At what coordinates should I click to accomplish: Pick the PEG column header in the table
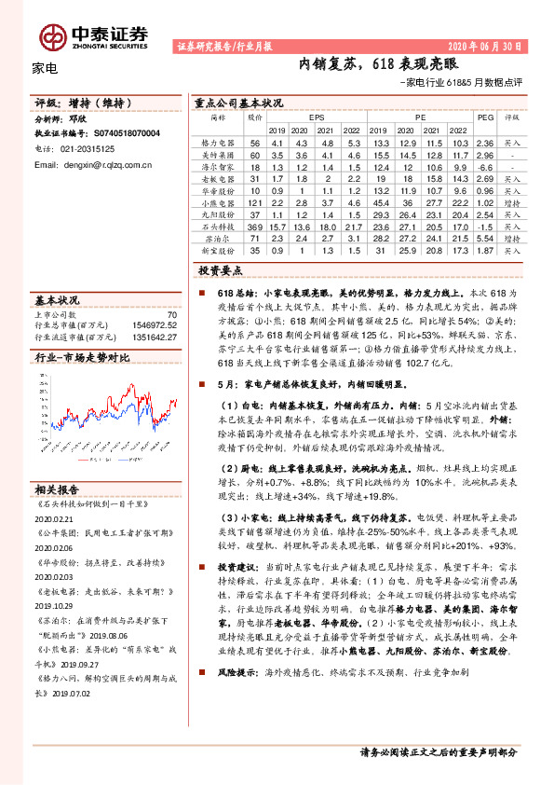tap(484, 118)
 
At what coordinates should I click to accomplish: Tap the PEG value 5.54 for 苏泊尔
tap(484, 238)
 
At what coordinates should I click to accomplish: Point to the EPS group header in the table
tap(317, 118)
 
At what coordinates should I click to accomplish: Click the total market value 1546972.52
tap(154, 325)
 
